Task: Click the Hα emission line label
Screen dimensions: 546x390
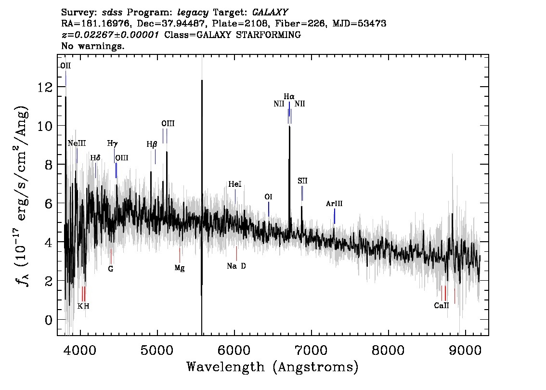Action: pos(289,96)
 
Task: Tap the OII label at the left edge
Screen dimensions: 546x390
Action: pos(65,66)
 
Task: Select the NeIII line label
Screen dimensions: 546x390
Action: pos(77,143)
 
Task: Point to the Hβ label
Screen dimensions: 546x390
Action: pos(152,144)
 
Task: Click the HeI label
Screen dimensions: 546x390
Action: pos(234,184)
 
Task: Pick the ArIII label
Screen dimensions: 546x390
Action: pos(334,204)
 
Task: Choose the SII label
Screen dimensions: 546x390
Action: pos(302,181)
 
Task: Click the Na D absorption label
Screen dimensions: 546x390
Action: pos(236,266)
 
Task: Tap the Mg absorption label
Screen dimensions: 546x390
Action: pos(179,268)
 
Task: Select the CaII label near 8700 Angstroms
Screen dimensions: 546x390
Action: pos(441,305)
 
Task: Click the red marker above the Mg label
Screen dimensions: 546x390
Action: pos(180,255)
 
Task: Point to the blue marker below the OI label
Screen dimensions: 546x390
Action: pos(269,209)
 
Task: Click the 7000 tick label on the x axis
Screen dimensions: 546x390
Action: pos(311,350)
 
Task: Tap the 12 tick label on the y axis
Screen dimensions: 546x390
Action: pos(45,87)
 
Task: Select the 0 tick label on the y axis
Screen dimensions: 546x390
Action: pos(49,320)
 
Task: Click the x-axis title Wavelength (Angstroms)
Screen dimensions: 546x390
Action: pos(273,367)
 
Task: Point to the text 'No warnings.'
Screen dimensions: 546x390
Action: pos(92,46)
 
